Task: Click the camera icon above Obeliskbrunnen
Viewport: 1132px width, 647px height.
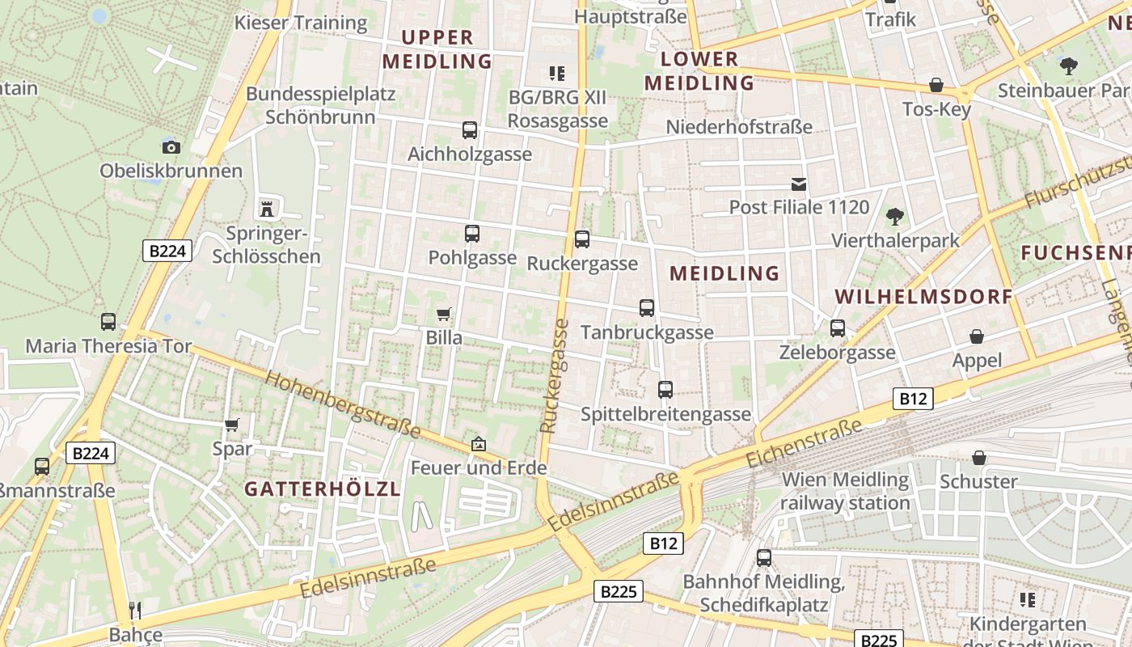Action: click(x=171, y=146)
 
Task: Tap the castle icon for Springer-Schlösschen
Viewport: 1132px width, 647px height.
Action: click(x=266, y=209)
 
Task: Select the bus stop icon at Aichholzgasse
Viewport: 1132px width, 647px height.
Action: click(x=469, y=129)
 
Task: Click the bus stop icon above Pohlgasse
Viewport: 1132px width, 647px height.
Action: click(x=472, y=234)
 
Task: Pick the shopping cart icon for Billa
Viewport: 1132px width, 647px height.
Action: click(x=443, y=314)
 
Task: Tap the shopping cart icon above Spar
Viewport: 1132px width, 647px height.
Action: click(x=232, y=425)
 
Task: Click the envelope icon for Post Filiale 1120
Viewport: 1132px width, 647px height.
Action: click(x=799, y=184)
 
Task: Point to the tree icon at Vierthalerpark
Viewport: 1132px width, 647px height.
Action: click(x=894, y=216)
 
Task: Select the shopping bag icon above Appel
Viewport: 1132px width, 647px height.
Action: click(x=977, y=336)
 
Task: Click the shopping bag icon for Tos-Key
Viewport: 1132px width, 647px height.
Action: click(x=936, y=85)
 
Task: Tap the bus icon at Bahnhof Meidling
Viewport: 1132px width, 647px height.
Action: click(x=763, y=557)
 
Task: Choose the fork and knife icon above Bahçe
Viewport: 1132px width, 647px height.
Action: click(x=135, y=610)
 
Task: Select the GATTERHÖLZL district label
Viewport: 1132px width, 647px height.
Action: click(x=323, y=489)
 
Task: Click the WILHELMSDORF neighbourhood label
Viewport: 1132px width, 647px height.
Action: click(x=923, y=296)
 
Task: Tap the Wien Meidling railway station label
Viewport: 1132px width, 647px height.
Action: click(x=846, y=491)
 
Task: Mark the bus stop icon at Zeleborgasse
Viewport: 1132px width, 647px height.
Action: click(x=838, y=328)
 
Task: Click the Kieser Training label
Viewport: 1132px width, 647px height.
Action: click(x=301, y=23)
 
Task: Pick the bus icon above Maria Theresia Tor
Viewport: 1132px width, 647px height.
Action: click(x=108, y=322)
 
